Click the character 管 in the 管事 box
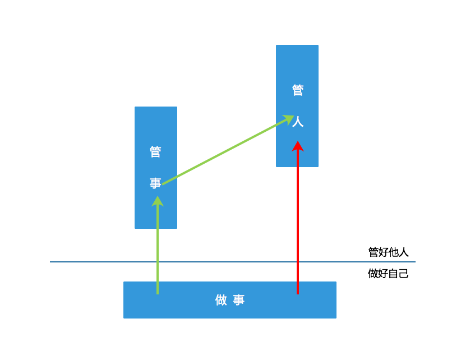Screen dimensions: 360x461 155,152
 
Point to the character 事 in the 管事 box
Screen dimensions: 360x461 155,183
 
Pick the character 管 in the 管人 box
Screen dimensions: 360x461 298,90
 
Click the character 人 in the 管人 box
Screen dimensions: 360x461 298,122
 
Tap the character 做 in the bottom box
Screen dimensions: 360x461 222,300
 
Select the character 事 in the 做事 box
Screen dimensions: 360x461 239,300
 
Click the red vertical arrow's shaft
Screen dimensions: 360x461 298,224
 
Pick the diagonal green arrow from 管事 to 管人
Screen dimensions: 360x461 224,151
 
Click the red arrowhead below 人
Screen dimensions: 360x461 298,146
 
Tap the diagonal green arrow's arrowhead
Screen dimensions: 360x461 288,119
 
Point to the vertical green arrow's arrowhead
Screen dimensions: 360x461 158,201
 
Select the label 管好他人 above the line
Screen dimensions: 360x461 388,252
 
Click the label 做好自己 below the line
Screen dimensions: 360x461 388,274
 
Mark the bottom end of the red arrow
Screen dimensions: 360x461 298,292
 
